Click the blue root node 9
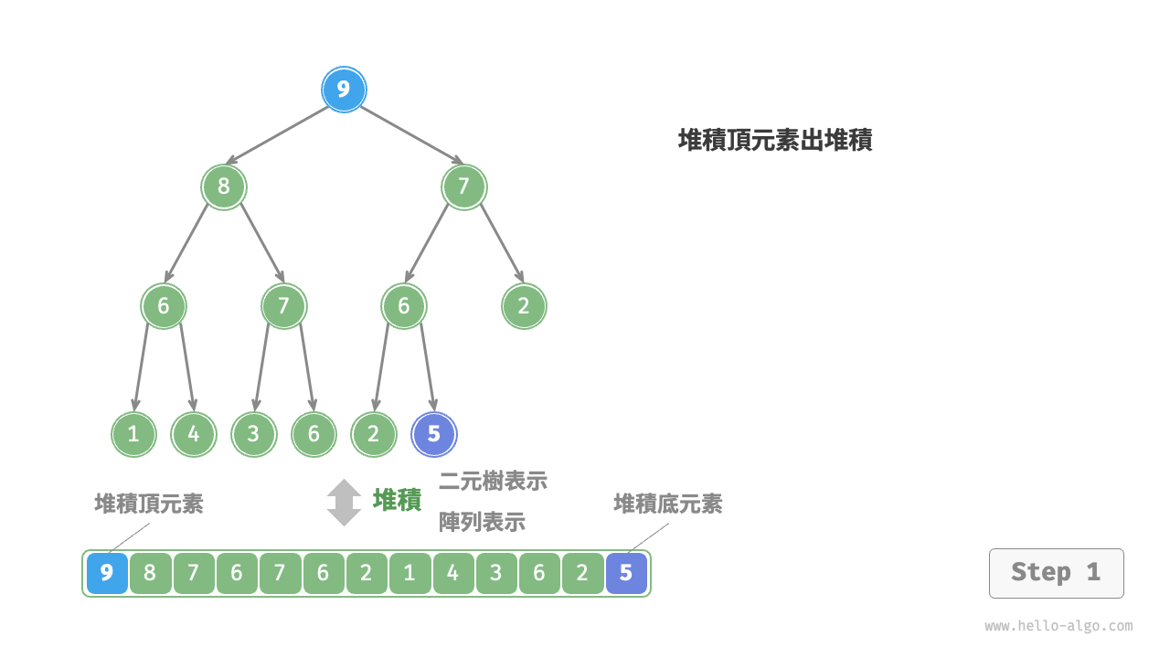tap(344, 90)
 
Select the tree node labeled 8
tap(224, 187)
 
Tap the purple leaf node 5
tap(434, 434)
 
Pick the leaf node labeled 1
tap(133, 434)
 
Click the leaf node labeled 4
tap(194, 434)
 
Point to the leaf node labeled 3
tap(253, 434)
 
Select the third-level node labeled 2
tap(524, 306)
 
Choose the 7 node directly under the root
tap(463, 187)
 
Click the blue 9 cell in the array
tap(107, 573)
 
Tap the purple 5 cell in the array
tap(626, 573)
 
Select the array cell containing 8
tap(150, 573)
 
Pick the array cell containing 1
tap(409, 573)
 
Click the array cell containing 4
tap(453, 573)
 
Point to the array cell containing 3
tap(496, 573)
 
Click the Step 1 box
tap(1056, 573)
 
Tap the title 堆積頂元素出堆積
tap(775, 140)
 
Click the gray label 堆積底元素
tap(667, 504)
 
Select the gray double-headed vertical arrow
tap(345, 503)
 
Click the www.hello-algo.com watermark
tap(1058, 626)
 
